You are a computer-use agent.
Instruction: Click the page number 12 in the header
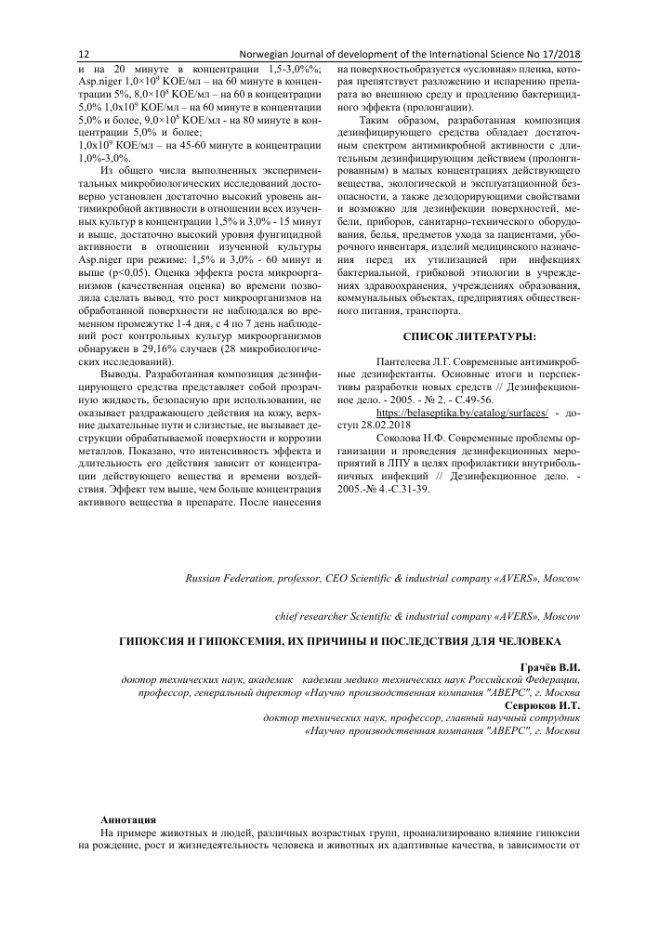coord(84,54)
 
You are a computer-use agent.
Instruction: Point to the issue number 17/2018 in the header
coord(558,54)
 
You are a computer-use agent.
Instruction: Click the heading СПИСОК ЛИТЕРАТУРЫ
coord(456,335)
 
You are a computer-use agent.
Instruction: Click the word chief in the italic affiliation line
coord(289,616)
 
